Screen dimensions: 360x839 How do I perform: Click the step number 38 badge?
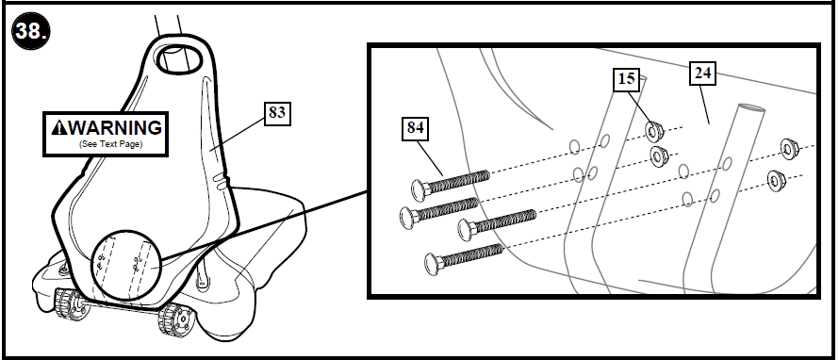(30, 30)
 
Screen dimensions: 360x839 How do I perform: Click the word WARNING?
(114, 127)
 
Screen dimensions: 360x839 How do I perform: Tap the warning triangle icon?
(58, 127)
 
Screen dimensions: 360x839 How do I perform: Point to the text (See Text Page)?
(106, 146)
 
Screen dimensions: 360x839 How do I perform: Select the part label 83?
(276, 113)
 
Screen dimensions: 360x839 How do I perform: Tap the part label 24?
(701, 72)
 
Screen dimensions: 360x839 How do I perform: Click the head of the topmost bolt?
(417, 188)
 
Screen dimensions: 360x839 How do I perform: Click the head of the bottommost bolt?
(435, 261)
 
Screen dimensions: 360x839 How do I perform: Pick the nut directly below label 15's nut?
(659, 155)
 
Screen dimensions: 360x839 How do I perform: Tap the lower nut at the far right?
(777, 177)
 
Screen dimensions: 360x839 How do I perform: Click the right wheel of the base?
(172, 320)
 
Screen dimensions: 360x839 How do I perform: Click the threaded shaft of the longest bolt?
(504, 222)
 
